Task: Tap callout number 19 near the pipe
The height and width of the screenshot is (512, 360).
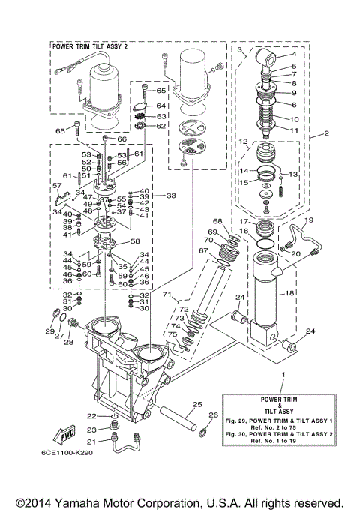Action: pos(310,220)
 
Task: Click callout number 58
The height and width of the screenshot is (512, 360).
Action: pos(135,241)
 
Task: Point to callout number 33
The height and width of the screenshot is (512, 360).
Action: pos(171,196)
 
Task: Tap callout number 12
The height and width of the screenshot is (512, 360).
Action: pos(243,141)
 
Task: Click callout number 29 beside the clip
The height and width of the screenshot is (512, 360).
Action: pos(49,331)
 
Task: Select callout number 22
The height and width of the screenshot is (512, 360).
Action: pos(91,415)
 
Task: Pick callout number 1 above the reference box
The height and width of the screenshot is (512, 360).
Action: pos(283,373)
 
